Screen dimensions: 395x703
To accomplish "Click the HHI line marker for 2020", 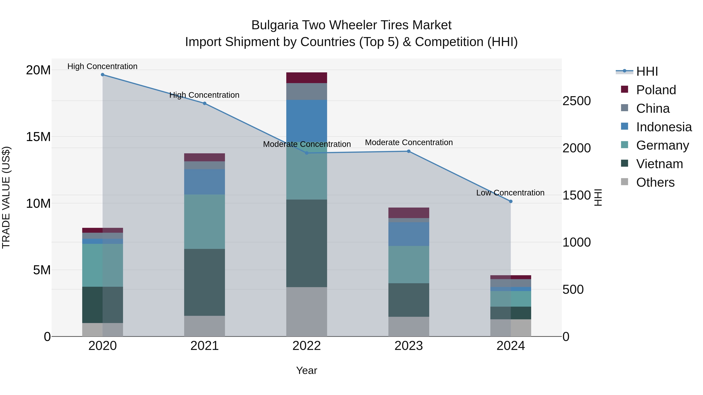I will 103,75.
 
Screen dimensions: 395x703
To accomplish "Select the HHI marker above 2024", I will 511,201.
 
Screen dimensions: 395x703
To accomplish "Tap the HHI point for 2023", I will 409,151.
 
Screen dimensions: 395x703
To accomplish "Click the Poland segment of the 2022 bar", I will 306,78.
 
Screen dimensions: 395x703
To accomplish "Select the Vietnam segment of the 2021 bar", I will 204,282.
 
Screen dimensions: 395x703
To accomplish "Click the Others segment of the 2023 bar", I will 409,326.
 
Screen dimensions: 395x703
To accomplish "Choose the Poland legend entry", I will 656,90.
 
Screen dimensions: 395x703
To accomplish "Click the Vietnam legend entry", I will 659,164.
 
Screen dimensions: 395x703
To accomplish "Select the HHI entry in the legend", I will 647,71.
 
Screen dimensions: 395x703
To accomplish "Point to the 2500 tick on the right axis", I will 576,101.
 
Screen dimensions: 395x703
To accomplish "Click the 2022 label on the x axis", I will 306,346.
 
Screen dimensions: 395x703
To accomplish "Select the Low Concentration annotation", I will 510,193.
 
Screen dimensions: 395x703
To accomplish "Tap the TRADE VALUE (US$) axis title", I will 6,197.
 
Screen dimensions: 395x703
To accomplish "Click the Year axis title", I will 306,370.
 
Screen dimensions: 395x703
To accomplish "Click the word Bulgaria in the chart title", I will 275,25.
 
